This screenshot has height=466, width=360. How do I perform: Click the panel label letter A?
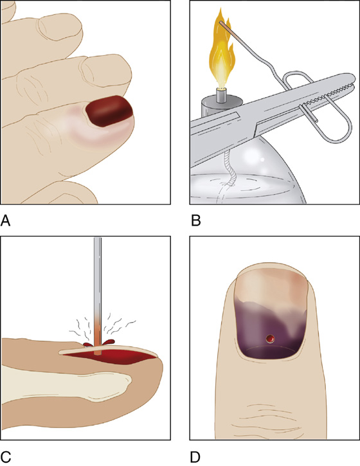(x=5, y=221)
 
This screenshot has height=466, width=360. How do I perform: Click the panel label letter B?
(x=196, y=221)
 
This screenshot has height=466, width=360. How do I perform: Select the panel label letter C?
(x=5, y=457)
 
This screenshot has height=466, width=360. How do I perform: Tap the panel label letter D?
(x=195, y=457)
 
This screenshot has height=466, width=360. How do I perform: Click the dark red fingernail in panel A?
(x=109, y=111)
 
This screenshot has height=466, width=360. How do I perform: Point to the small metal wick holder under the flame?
(x=221, y=95)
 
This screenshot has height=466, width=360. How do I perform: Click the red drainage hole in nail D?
(x=270, y=339)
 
